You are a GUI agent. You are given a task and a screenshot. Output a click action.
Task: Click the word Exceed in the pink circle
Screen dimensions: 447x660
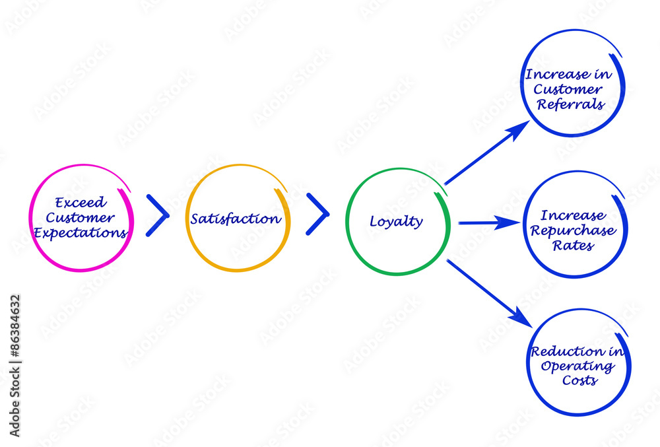click(x=80, y=203)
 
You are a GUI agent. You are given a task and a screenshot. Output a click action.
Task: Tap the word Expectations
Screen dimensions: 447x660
click(x=81, y=232)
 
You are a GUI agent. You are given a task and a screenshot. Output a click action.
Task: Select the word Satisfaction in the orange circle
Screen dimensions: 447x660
click(x=236, y=219)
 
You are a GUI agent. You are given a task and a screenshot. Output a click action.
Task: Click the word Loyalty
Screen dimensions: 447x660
click(x=396, y=222)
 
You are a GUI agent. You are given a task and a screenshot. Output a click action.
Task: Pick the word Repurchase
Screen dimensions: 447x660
click(x=574, y=231)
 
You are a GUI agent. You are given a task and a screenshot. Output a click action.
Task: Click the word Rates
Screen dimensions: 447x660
click(x=574, y=246)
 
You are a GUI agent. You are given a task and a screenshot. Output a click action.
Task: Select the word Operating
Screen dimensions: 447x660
click(x=577, y=366)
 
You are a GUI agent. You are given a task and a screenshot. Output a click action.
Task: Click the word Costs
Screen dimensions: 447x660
click(x=580, y=380)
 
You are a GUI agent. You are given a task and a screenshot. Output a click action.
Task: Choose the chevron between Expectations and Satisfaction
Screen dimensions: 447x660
click(x=157, y=215)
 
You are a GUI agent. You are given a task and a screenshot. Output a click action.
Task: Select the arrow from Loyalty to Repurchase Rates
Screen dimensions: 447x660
click(x=488, y=223)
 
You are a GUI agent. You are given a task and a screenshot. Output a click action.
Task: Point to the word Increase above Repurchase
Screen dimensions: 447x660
click(x=573, y=216)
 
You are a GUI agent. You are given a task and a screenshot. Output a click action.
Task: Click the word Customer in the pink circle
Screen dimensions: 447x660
click(x=81, y=218)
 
